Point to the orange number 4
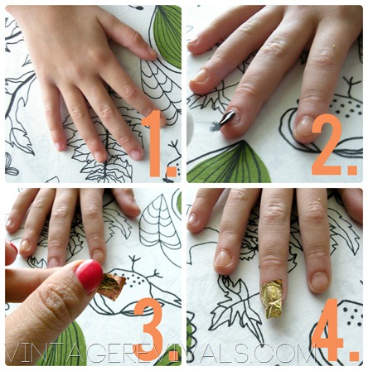click(x=328, y=329)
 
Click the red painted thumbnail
click(x=90, y=275)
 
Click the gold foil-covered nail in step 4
click(x=272, y=298)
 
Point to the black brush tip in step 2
click(x=227, y=118)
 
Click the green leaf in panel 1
click(x=168, y=35)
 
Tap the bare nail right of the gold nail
click(x=319, y=282)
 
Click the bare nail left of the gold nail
click(x=223, y=259)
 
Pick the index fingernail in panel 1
click(x=135, y=155)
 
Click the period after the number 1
click(x=172, y=171)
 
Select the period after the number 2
click(x=352, y=170)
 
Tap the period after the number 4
click(x=355, y=354)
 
